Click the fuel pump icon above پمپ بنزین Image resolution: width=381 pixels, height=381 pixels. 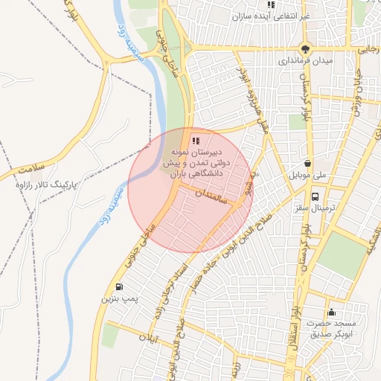click(120, 286)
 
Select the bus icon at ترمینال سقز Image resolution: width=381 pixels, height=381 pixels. click(316, 197)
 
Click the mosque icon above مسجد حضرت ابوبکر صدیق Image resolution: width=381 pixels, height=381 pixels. click(331, 312)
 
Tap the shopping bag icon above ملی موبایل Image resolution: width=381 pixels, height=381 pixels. click(308, 164)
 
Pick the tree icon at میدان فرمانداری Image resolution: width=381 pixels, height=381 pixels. click(305, 48)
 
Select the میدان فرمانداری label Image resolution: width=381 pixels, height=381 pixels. click(305, 60)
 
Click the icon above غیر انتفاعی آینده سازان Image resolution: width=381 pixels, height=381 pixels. click(271, 4)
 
